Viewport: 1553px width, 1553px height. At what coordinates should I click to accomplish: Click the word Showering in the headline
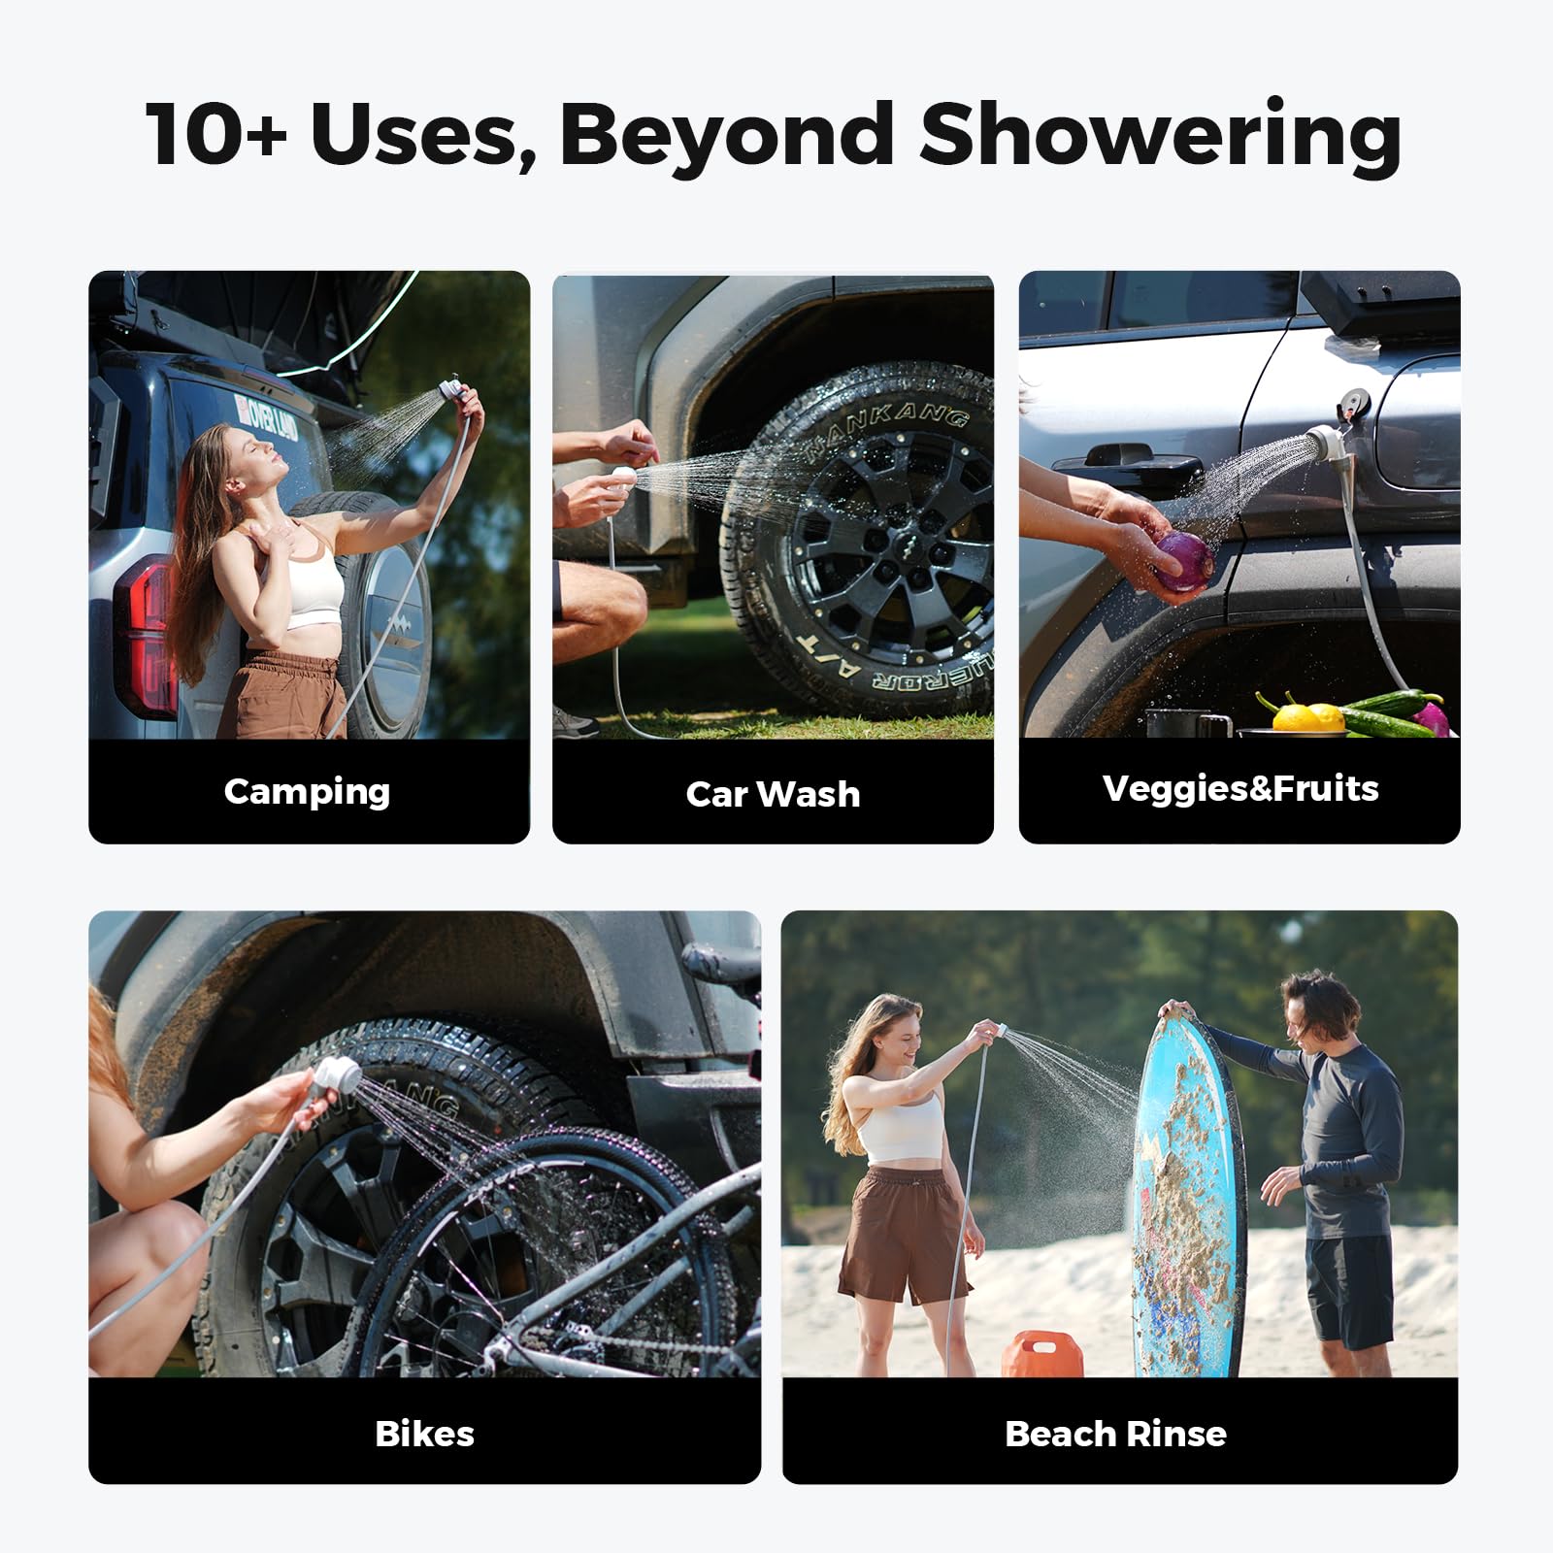click(1160, 136)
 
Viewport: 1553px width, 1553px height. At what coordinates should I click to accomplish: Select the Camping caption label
click(307, 791)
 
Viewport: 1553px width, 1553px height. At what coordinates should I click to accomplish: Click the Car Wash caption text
click(773, 794)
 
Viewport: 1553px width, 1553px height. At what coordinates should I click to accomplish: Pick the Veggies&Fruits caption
click(1239, 788)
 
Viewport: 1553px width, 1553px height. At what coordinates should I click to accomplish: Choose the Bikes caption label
click(424, 1434)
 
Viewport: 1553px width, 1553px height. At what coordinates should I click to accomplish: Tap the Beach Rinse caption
click(1115, 1434)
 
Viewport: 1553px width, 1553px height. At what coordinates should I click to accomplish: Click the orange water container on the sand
click(1042, 1354)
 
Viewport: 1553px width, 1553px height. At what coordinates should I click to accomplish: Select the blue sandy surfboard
click(1186, 1194)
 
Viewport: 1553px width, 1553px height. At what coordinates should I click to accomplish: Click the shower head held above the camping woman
click(450, 389)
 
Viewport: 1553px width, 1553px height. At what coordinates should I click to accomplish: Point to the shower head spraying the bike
click(335, 1075)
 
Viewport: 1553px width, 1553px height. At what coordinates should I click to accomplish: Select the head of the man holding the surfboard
click(1319, 1009)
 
